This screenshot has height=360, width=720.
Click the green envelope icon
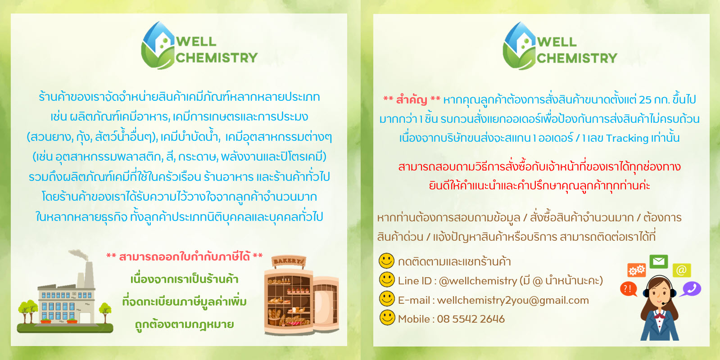coord(658,261)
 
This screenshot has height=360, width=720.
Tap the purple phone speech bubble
coord(690,288)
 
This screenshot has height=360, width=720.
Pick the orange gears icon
coord(637,270)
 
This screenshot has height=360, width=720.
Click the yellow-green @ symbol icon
coord(681,270)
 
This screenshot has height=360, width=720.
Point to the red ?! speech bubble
coord(628,288)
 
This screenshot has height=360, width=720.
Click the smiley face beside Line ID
coord(387,279)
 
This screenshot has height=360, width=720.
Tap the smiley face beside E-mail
coord(387,298)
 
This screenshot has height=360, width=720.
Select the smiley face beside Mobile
coord(387,318)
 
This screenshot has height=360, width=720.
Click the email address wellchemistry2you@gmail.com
coord(512,300)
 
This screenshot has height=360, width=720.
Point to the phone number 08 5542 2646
coord(471,319)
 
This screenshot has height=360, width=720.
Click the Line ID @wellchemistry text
coord(477,281)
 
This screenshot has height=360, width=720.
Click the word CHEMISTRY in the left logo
coord(217,58)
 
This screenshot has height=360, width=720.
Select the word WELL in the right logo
coord(557,42)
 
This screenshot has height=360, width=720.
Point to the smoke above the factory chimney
coord(79,255)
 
